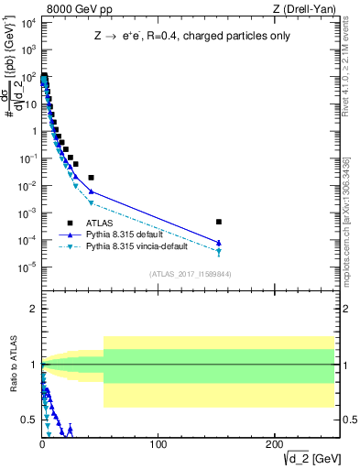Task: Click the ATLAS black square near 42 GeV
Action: point(91,177)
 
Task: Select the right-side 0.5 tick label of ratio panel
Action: point(348,420)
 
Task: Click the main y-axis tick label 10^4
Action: point(27,22)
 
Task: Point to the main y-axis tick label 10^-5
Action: point(27,267)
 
